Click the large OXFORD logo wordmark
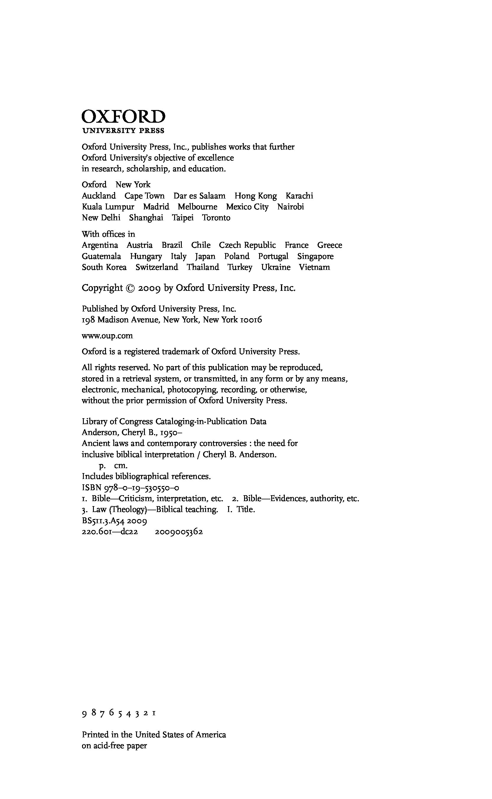pyautogui.click(x=123, y=117)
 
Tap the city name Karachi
pyautogui.click(x=299, y=196)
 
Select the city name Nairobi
pyautogui.click(x=291, y=207)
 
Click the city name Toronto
pyautogui.click(x=216, y=218)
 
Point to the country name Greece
pyautogui.click(x=330, y=245)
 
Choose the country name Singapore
pyautogui.click(x=315, y=256)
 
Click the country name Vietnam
pyautogui.click(x=314, y=267)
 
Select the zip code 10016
pyautogui.click(x=251, y=320)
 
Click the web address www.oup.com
pyautogui.click(x=107, y=336)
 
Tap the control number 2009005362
pyautogui.click(x=179, y=532)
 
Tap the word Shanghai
pyautogui.click(x=146, y=218)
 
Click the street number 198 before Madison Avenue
pyautogui.click(x=88, y=320)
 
